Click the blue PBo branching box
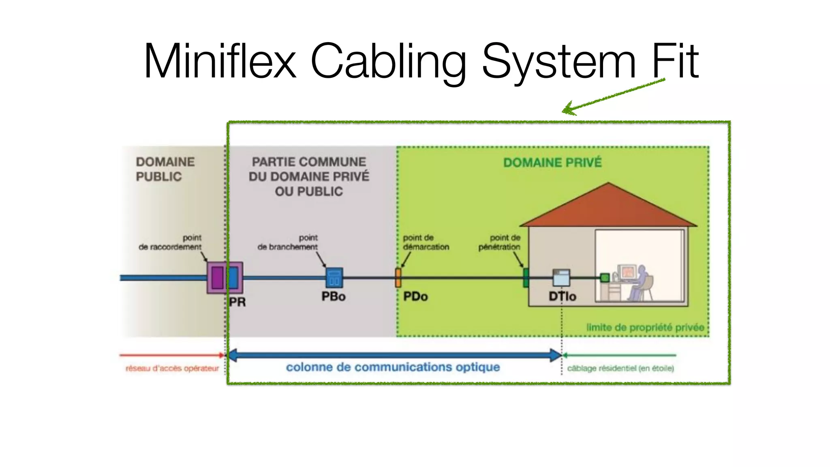click(x=334, y=278)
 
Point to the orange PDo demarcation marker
click(x=398, y=278)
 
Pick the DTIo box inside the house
click(x=561, y=278)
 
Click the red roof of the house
click(x=608, y=207)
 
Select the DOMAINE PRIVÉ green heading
click(x=552, y=163)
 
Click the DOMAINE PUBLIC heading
click(x=165, y=169)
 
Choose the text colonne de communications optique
click(x=393, y=367)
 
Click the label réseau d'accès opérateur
click(x=172, y=368)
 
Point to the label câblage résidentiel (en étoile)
click(x=620, y=368)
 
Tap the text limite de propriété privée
click(x=645, y=328)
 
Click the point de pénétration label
click(x=500, y=242)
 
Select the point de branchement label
click(x=288, y=242)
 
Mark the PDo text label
click(x=415, y=297)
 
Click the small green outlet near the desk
click(x=605, y=278)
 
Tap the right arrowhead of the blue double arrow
click(x=556, y=355)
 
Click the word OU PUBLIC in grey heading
click(x=309, y=191)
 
